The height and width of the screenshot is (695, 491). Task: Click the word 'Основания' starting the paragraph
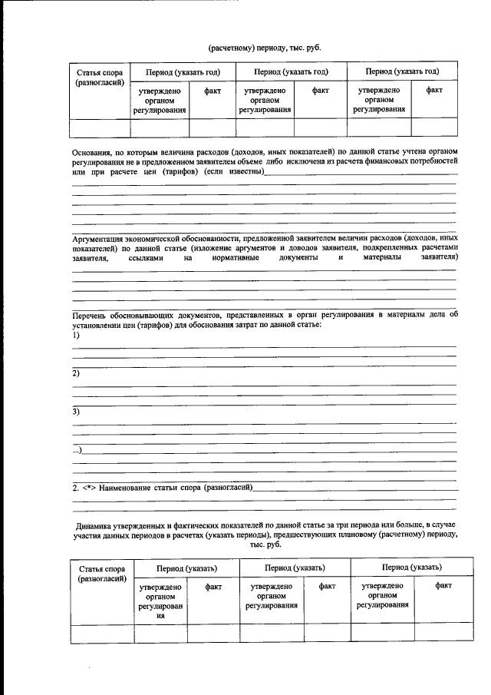point(91,152)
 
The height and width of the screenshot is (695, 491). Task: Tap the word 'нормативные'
point(236,259)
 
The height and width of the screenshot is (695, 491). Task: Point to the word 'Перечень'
point(91,316)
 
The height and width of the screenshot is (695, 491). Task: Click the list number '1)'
point(76,336)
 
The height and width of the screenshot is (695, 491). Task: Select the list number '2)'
point(76,373)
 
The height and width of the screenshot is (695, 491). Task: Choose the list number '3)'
point(76,412)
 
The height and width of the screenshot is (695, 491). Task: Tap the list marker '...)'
point(77,450)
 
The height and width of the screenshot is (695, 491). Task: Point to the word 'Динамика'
point(96,526)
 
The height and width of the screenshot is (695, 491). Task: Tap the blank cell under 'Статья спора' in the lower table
point(102,633)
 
